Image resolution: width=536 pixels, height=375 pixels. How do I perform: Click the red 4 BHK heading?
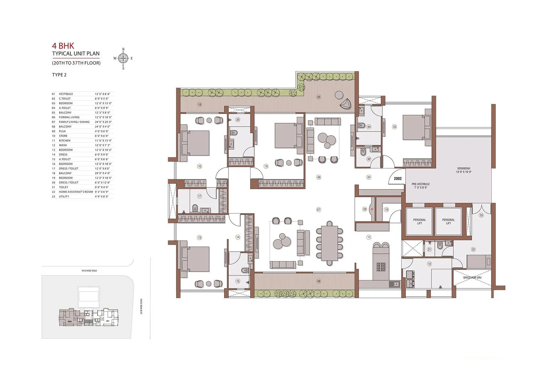63,46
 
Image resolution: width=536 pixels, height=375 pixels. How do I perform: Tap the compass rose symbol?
123,59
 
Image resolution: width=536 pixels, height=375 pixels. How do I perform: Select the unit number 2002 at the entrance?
398,178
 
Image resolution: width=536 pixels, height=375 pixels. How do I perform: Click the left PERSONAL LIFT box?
419,222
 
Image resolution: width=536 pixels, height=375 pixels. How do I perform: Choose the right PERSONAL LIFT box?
448,222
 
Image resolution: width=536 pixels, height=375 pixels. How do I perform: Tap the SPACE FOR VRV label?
472,278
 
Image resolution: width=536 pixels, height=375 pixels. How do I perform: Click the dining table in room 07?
330,243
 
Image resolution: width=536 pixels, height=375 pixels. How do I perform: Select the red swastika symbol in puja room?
371,210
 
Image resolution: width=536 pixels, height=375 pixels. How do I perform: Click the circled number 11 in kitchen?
368,237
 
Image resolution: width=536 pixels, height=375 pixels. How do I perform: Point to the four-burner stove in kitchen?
381,267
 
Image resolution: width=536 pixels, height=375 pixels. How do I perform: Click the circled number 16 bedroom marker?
199,166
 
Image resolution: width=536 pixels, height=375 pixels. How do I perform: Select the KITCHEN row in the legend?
65,141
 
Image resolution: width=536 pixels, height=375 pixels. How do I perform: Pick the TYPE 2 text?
59,75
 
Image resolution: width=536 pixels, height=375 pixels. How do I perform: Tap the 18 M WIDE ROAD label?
89,271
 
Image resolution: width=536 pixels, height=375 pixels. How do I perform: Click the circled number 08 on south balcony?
319,281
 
